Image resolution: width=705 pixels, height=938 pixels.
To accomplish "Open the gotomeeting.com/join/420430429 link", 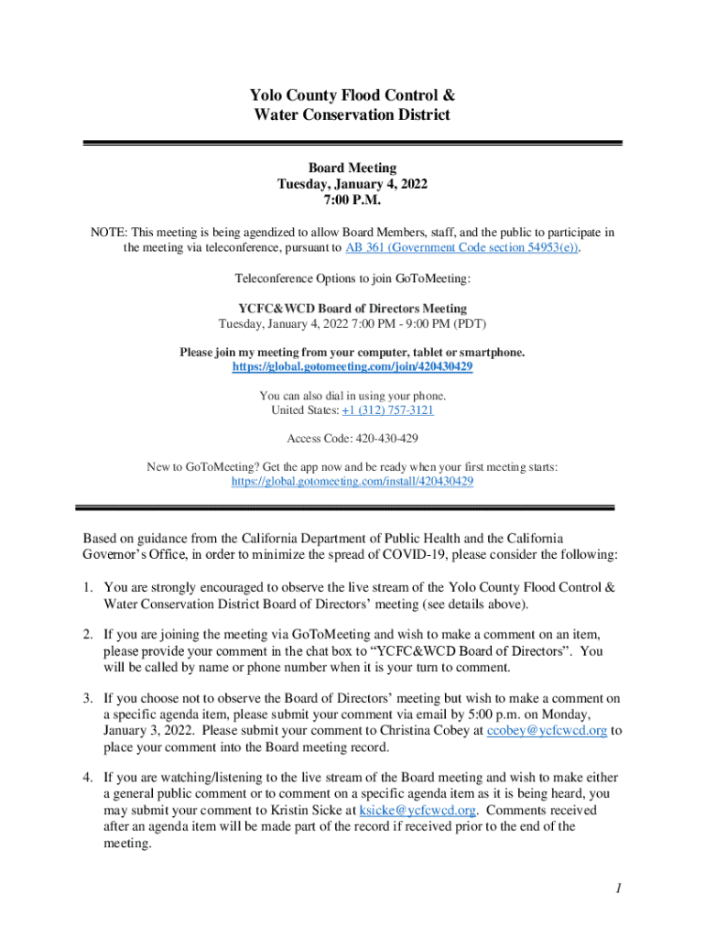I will click(352, 366).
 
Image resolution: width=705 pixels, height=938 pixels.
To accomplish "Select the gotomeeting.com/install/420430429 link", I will click(352, 481).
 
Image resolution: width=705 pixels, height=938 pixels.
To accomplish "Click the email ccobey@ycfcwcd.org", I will click(547, 730).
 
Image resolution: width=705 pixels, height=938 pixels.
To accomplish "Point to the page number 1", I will click(619, 889).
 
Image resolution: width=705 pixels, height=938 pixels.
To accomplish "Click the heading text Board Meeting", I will click(352, 168).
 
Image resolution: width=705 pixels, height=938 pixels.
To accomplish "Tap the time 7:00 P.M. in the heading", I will click(352, 200).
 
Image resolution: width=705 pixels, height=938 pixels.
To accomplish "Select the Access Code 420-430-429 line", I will click(352, 439).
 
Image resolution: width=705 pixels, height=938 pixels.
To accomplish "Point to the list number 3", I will click(88, 698).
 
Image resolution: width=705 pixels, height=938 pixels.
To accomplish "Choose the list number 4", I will click(88, 778).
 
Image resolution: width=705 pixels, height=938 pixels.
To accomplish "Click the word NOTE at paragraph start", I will click(108, 232).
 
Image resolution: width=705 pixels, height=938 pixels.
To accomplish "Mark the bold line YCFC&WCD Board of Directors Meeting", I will click(352, 309).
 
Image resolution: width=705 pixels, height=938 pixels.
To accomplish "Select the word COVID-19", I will click(441, 554).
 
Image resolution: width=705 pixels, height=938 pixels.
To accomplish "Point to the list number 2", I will click(88, 634).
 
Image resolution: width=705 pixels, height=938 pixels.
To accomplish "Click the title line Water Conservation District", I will click(352, 115).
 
